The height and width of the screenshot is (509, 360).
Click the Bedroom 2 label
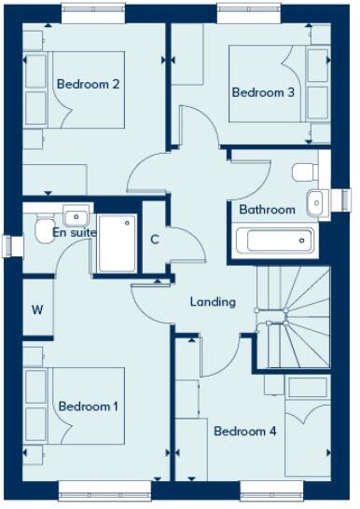88,84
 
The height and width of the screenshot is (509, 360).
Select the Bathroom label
267,210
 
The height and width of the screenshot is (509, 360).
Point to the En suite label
75,232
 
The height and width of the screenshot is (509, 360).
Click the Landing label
213,302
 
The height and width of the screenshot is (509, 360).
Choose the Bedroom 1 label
89,407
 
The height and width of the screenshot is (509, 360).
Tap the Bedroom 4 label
244,432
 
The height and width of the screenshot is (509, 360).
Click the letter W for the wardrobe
37,309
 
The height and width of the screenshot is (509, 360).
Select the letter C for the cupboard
156,238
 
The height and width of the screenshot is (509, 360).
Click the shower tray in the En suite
115,244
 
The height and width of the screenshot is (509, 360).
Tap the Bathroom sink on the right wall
317,200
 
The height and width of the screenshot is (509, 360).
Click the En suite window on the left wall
10,244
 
